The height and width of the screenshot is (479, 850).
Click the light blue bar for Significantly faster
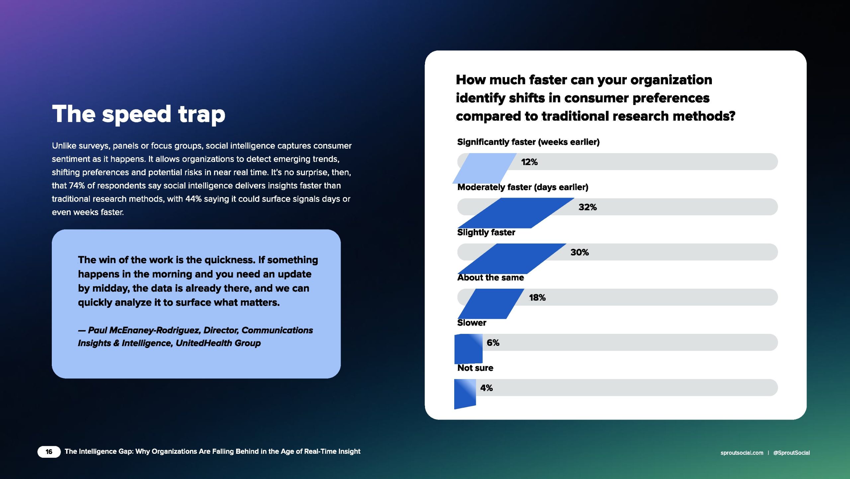point(484,168)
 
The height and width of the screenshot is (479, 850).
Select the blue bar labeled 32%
point(516,213)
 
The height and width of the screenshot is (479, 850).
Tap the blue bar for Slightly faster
point(512,258)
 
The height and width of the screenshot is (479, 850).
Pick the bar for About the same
point(491,304)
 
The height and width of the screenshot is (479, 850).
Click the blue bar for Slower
point(468,349)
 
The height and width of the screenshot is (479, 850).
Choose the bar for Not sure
point(465,394)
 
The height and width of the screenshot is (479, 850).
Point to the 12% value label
point(529,162)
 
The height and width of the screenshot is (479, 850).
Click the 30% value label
point(580,252)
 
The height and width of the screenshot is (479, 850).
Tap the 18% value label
point(537,298)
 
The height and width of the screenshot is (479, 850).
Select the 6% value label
point(493,343)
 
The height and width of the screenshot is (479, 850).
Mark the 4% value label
point(486,388)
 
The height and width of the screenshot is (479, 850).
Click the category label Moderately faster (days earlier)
point(523,187)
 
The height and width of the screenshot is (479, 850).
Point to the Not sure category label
point(475,368)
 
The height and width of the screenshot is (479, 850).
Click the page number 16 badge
point(49,452)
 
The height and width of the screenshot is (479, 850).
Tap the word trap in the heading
point(202,115)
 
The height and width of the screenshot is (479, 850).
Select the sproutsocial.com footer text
point(742,453)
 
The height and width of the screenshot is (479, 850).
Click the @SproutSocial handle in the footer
point(792,453)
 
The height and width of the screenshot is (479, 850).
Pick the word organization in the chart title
point(671,80)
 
